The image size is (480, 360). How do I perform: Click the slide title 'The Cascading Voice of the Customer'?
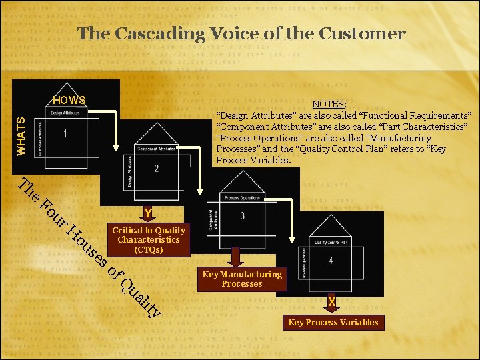pos(241,33)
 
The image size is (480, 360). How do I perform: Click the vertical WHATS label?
pos(21,136)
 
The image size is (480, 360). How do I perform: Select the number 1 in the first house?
pos(65,134)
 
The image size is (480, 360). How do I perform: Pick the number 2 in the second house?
pos(156,169)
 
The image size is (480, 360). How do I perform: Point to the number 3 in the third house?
pos(242,216)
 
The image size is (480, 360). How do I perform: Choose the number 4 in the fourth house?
pos(331,261)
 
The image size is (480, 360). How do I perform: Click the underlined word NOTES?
pos(329,105)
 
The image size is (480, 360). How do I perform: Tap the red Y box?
pos(148,213)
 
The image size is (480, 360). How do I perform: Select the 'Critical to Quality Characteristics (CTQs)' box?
pos(149,240)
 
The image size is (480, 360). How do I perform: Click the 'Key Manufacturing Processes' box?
pos(242,279)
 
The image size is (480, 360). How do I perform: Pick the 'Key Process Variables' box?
pos(333,323)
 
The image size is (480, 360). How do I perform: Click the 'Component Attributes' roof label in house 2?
pos(156,149)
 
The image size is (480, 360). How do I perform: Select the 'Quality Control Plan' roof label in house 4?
pos(331,242)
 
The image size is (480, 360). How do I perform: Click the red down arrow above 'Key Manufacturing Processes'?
pos(235,257)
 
